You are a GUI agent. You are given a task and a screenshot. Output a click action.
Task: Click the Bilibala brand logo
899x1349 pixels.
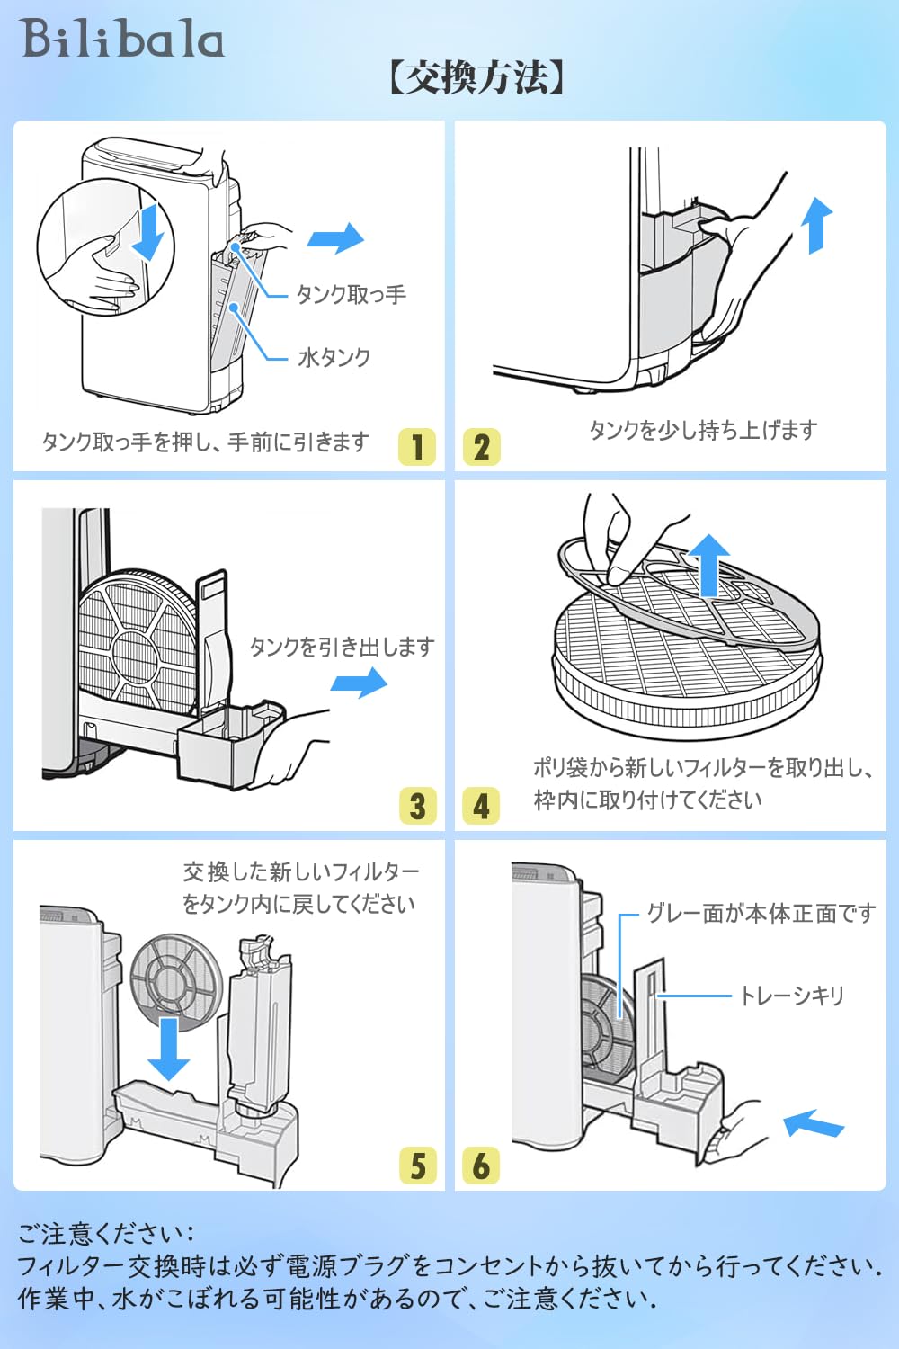pos(123,40)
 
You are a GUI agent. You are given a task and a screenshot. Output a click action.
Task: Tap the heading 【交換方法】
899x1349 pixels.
pos(476,78)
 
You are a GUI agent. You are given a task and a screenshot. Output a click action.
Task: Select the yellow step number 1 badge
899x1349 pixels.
pos(416,447)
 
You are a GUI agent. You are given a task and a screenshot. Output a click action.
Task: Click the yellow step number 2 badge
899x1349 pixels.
pos(481,447)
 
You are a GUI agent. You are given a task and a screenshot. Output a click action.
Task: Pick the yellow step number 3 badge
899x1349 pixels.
pos(417,806)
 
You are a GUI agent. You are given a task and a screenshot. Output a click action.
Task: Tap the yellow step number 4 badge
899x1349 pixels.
pos(480,806)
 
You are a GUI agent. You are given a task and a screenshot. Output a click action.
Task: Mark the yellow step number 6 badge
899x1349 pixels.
pos(480,1166)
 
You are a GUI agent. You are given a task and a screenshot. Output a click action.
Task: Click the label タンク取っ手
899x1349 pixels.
pos(351,295)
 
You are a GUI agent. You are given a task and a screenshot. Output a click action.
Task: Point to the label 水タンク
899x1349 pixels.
pos(334,358)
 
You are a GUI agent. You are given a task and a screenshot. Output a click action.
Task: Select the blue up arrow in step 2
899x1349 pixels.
pos(816,225)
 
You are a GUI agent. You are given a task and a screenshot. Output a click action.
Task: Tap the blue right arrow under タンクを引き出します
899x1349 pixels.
pos(359,683)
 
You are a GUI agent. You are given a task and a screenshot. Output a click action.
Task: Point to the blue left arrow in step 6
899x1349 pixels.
pos(814,1123)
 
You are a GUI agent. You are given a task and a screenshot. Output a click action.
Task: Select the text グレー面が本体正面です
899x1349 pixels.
pos(761,915)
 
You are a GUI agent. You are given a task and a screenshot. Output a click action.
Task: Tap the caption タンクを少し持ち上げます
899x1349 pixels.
pos(703,430)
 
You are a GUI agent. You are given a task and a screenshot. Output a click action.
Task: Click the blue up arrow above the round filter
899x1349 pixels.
pos(710,565)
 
